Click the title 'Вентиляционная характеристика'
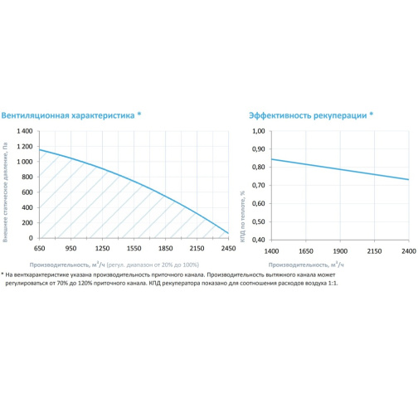coord(68,115)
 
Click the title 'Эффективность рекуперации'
coord(308,115)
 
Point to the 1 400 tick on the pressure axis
coord(25,131)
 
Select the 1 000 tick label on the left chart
coord(25,162)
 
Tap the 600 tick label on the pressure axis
coord(27,192)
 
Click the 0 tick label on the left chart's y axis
coord(31,238)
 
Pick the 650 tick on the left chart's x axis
coord(40,248)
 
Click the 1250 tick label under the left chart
coord(103,248)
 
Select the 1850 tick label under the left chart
coord(166,248)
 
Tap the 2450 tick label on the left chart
coord(228,248)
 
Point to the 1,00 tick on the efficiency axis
coord(259,131)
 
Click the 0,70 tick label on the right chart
coord(259,185)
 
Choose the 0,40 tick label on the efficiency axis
coord(259,240)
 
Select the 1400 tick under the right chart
coord(271,251)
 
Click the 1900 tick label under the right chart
coord(340,251)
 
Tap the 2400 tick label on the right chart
coord(409,251)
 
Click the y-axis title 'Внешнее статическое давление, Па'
coord(5,192)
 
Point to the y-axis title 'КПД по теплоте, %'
coord(242,216)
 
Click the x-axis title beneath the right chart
coord(306,265)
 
